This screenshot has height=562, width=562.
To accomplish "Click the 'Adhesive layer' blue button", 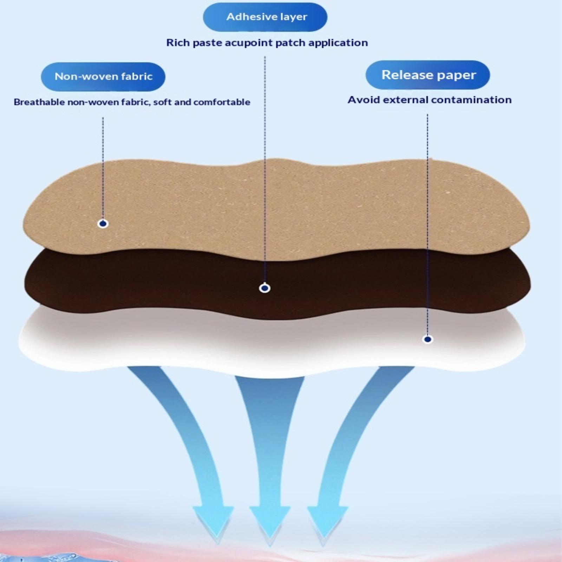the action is [x=265, y=17].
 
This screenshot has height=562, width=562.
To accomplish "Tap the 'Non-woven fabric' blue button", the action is [x=103, y=77].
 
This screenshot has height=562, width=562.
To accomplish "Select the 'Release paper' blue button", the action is [x=428, y=75].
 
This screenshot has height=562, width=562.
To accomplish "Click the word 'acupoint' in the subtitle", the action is [x=249, y=43].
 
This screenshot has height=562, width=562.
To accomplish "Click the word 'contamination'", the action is [x=471, y=100].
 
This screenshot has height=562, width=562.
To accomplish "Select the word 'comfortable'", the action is [x=222, y=102].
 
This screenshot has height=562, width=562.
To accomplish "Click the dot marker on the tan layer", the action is [x=103, y=223].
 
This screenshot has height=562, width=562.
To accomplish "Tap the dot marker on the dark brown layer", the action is [x=264, y=288].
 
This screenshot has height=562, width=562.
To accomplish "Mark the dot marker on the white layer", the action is [x=427, y=339].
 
